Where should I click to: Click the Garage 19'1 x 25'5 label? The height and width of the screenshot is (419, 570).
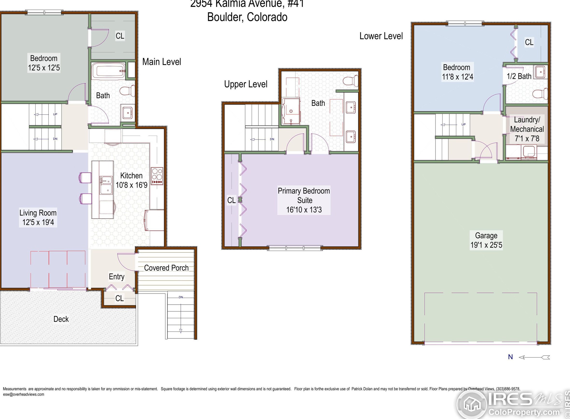point(486,240)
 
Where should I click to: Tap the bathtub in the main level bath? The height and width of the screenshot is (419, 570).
point(108,70)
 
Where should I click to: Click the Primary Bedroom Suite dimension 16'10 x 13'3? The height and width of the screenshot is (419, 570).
point(304,210)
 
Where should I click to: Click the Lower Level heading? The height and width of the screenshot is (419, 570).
point(381,36)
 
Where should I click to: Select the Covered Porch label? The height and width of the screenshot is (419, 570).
point(166,268)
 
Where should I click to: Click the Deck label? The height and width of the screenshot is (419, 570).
point(61,319)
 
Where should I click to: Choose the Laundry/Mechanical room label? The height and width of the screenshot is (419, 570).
point(527,129)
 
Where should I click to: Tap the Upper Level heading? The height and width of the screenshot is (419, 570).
point(246,84)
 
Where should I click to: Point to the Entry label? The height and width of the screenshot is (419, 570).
point(117,276)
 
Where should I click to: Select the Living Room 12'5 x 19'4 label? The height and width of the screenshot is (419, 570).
point(38,217)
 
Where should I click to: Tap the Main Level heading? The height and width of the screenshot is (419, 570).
point(162,62)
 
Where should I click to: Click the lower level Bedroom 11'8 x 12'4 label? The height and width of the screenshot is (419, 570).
point(457,72)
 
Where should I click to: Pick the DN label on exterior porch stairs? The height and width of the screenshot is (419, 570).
point(181,297)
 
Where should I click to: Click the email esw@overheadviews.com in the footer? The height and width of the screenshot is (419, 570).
point(24,394)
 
